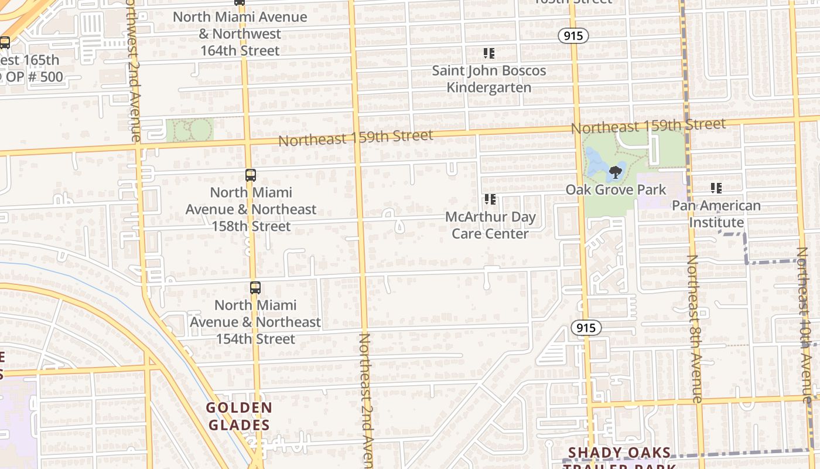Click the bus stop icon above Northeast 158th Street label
(x=250, y=175)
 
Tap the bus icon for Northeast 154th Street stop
(x=255, y=288)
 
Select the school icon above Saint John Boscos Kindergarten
(x=489, y=54)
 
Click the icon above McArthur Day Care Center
(x=490, y=200)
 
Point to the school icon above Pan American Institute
(x=716, y=188)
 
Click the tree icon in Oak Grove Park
(x=615, y=172)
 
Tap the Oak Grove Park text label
(x=616, y=190)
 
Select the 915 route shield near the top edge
(x=573, y=36)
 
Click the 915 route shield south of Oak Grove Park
(x=586, y=328)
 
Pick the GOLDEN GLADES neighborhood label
(x=239, y=416)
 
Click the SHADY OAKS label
(x=620, y=453)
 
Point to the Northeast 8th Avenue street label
(x=694, y=328)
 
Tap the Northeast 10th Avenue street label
(x=804, y=322)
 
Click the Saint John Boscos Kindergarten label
(x=489, y=79)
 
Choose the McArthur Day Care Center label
(x=490, y=225)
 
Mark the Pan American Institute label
(x=716, y=214)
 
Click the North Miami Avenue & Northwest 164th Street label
(x=240, y=34)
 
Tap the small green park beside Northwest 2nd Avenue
(x=189, y=130)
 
